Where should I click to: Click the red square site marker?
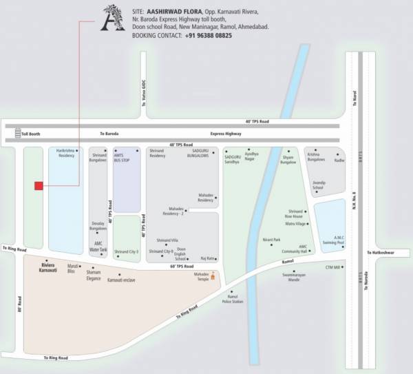coord(39,185)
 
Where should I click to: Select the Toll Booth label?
coord(31,134)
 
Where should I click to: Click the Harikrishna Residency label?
coord(65,153)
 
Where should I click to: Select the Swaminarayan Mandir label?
coord(293,278)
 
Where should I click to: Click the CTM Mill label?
coord(332,265)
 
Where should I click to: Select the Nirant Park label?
coord(271,240)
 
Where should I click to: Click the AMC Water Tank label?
coord(100,247)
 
